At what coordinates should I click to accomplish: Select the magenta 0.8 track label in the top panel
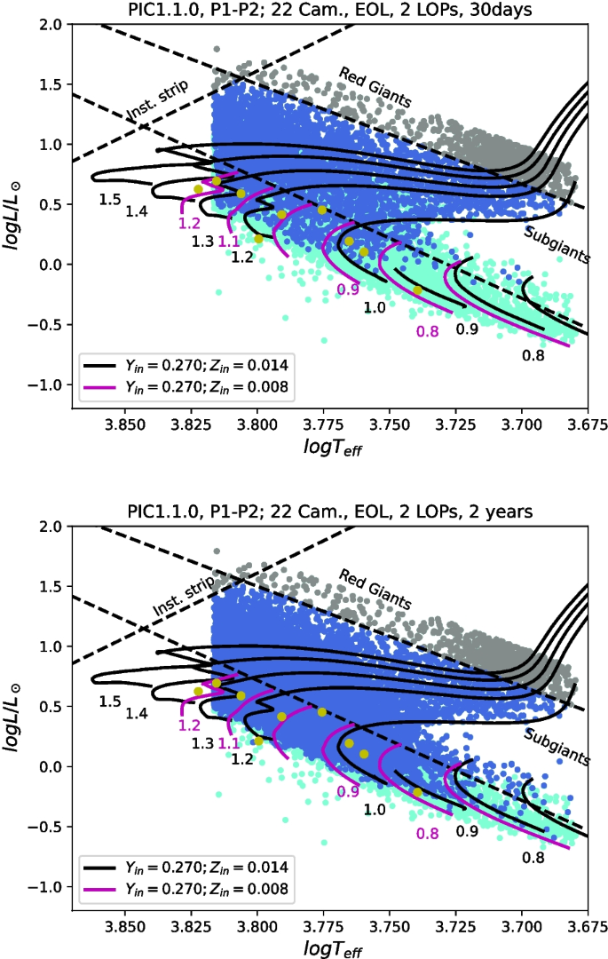pos(427,332)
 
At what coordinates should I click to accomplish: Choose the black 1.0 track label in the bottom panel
pos(375,810)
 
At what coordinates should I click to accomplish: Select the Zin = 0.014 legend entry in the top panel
pos(186,364)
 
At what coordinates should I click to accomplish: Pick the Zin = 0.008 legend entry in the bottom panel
pos(186,888)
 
